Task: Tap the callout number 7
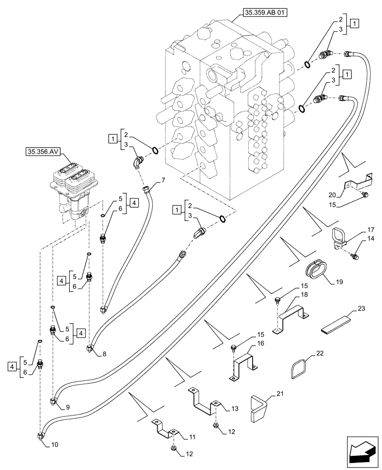click(x=163, y=180)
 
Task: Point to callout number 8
click(x=103, y=354)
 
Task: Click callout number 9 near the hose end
click(x=68, y=407)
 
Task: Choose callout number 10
click(x=55, y=445)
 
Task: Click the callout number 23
click(x=361, y=309)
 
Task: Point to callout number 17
click(x=358, y=230)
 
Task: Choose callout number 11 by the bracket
click(x=192, y=438)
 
